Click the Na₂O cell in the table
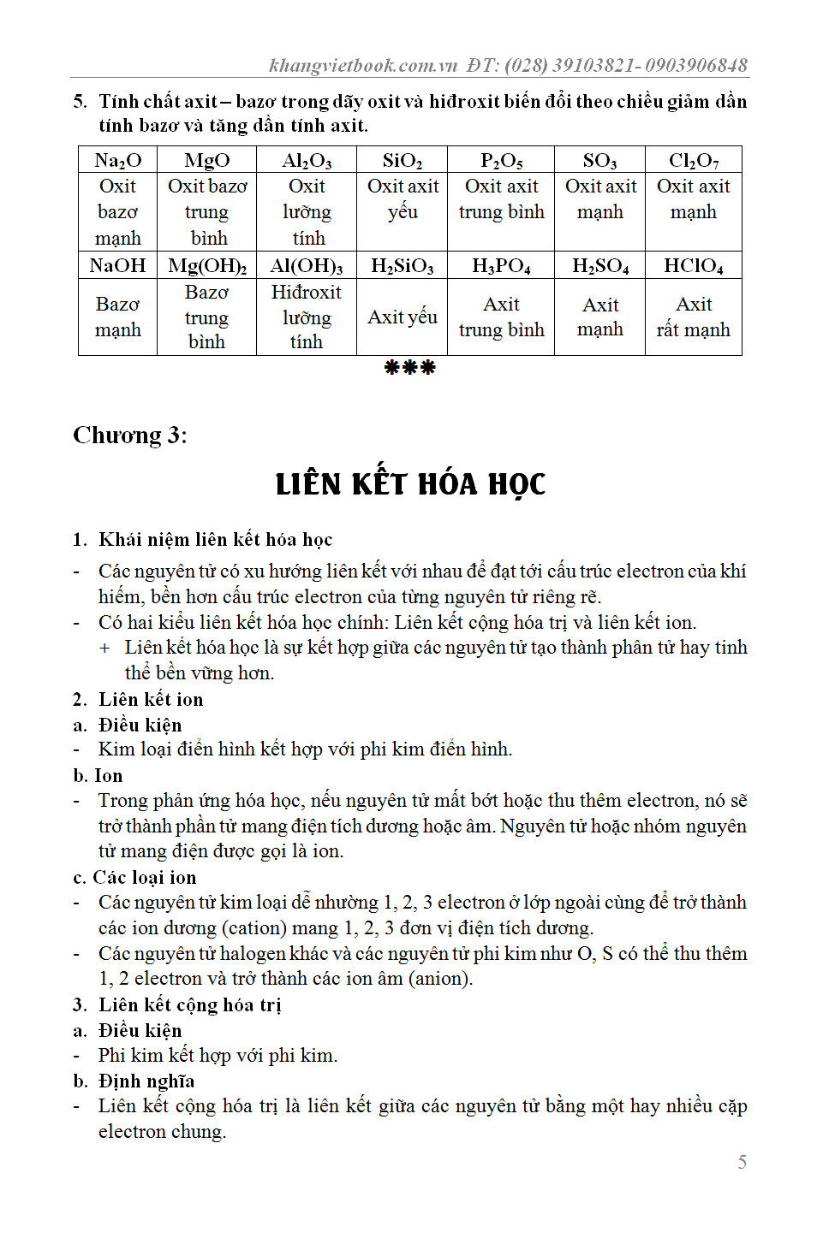point(118,161)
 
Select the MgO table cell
point(207,161)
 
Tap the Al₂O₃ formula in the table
point(307,161)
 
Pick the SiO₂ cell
point(403,161)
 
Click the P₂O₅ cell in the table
point(502,161)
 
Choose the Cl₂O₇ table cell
point(694,161)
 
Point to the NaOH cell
point(118,265)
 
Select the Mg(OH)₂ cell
point(207,265)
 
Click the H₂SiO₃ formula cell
point(403,265)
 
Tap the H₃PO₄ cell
point(502,265)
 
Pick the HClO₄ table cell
point(694,265)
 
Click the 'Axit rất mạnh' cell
point(694,317)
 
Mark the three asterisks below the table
point(410,368)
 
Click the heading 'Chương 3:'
point(130,435)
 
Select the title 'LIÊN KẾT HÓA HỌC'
point(410,484)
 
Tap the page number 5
point(742,1162)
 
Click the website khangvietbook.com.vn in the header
point(364,66)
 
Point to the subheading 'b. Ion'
point(98,776)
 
